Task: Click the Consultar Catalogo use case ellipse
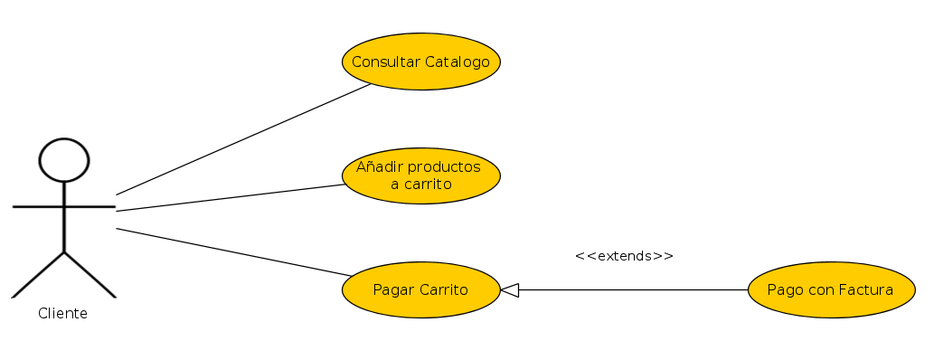[x=421, y=62]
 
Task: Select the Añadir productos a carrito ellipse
[x=421, y=175]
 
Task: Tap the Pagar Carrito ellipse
[x=421, y=289]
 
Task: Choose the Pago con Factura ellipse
[x=832, y=289]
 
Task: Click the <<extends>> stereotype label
[x=624, y=256]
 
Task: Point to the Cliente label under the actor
[x=62, y=314]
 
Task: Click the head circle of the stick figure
[x=63, y=160]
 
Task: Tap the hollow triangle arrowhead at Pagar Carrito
[x=510, y=290]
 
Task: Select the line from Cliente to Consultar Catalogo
[x=243, y=139]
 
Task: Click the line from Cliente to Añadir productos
[x=231, y=197]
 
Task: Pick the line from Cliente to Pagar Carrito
[x=234, y=252]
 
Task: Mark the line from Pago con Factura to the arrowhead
[x=633, y=290]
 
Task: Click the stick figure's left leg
[x=38, y=275]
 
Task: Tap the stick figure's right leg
[x=90, y=275]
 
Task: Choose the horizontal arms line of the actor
[x=63, y=207]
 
